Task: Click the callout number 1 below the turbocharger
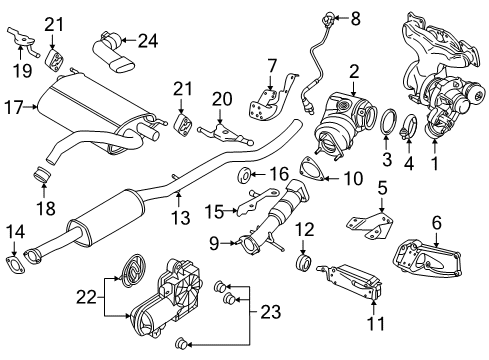(x=433, y=159)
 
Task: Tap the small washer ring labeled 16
(x=243, y=177)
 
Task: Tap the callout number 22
(x=86, y=297)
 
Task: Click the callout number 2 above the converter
(x=353, y=71)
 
